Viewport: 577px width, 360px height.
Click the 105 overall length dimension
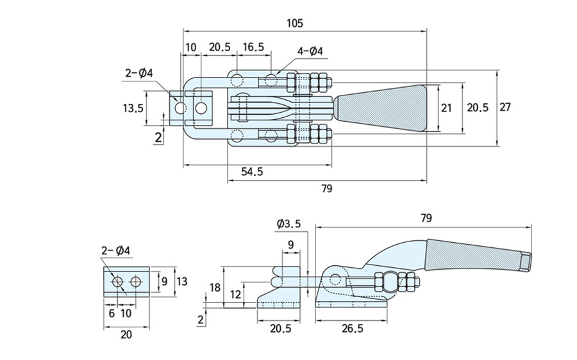[294, 23]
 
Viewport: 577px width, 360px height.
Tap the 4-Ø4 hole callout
[310, 52]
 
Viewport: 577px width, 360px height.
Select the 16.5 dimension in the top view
[253, 47]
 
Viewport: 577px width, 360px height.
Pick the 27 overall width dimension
[505, 107]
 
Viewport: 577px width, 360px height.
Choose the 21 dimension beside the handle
[446, 107]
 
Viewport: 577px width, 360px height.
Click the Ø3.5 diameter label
[288, 224]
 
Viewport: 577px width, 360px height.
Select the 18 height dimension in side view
[213, 288]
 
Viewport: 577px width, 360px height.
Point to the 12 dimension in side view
[235, 294]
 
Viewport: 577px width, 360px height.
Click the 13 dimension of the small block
[182, 281]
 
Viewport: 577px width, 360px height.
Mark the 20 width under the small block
[126, 334]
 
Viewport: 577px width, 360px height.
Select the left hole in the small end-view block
[118, 282]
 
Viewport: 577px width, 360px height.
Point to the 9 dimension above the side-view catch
[290, 244]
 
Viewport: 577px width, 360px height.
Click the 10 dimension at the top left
[191, 47]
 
